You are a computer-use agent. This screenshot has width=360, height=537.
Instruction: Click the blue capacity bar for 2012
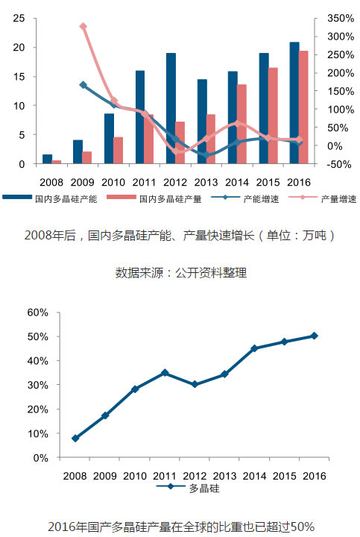(x=171, y=108)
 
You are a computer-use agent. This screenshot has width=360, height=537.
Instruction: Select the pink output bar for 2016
(x=303, y=107)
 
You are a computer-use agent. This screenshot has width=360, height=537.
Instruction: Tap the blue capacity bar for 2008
(x=47, y=159)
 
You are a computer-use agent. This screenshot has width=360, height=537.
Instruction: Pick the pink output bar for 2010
(x=118, y=151)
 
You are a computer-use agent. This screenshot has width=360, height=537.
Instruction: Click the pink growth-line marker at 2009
(x=83, y=26)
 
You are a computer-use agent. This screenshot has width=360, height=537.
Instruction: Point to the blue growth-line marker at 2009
(x=83, y=85)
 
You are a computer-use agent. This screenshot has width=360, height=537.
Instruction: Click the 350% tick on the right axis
(x=340, y=18)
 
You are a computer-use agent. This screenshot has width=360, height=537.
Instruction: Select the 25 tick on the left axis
(x=19, y=18)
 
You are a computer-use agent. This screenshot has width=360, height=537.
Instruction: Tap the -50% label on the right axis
(x=339, y=164)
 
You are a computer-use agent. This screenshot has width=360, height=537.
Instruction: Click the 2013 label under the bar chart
(x=206, y=182)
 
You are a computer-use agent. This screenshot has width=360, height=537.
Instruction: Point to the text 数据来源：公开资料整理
(x=181, y=273)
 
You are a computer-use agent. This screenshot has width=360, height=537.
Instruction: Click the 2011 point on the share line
(x=165, y=373)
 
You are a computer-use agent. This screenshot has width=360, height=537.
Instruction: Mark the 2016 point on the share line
(x=314, y=336)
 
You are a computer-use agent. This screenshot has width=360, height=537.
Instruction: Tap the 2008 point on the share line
(x=75, y=439)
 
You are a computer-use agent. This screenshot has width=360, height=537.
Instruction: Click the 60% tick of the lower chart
(x=38, y=313)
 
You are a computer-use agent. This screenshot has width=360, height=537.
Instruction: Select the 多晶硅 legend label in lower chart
(x=204, y=489)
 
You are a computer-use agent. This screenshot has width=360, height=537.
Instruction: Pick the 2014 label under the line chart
(x=254, y=476)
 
